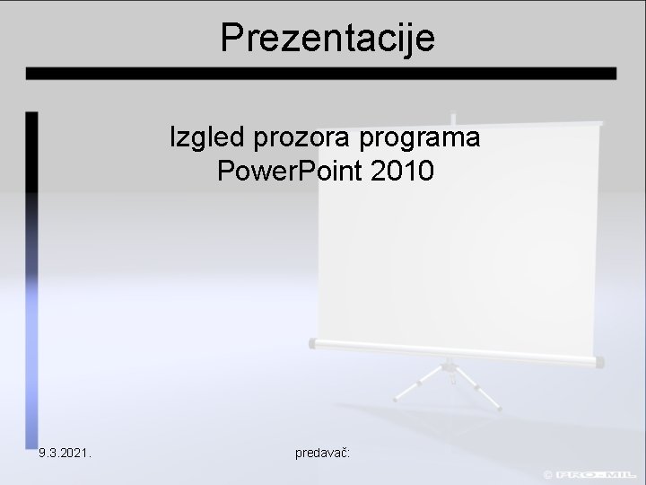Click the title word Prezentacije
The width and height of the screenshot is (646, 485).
[327, 38]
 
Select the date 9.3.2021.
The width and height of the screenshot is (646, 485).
[65, 454]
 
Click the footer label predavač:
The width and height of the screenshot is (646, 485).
[322, 454]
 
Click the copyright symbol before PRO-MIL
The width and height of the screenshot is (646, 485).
[547, 473]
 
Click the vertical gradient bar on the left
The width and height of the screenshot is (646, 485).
[31, 269]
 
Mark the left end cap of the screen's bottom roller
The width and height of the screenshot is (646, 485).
[312, 343]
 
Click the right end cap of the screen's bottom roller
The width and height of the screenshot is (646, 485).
[599, 361]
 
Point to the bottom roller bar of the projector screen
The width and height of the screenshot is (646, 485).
[453, 352]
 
